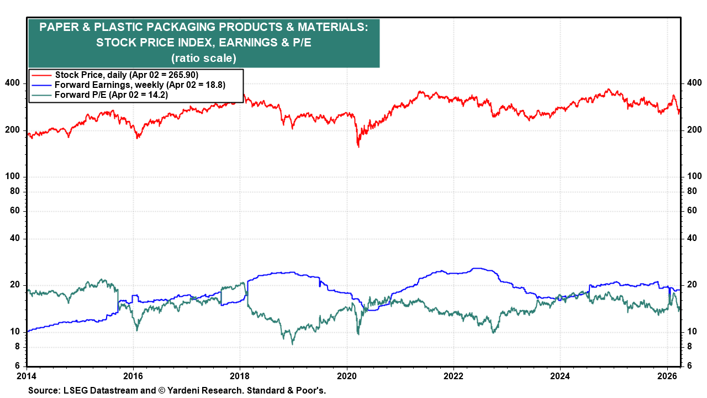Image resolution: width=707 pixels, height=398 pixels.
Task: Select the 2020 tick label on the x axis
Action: point(347,377)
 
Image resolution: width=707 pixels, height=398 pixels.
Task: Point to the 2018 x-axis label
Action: point(240,377)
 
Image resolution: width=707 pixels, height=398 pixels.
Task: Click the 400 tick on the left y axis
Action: point(13,83)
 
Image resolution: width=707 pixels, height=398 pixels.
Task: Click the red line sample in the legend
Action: point(41,75)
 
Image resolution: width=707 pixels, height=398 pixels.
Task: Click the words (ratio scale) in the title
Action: point(204,57)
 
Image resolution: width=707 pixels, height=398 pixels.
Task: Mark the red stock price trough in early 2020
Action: point(358,146)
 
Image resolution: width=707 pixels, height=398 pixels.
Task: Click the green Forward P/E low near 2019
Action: point(292,343)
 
